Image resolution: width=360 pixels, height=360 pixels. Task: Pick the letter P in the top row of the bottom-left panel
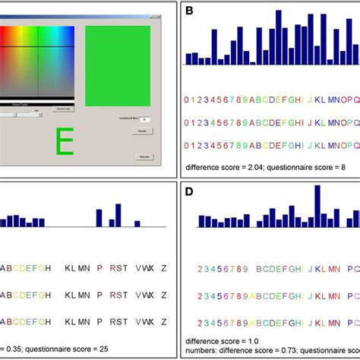click(x=99, y=267)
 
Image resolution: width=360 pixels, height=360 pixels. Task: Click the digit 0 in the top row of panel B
click(x=187, y=99)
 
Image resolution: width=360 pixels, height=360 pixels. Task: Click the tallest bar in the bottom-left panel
click(x=118, y=214)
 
